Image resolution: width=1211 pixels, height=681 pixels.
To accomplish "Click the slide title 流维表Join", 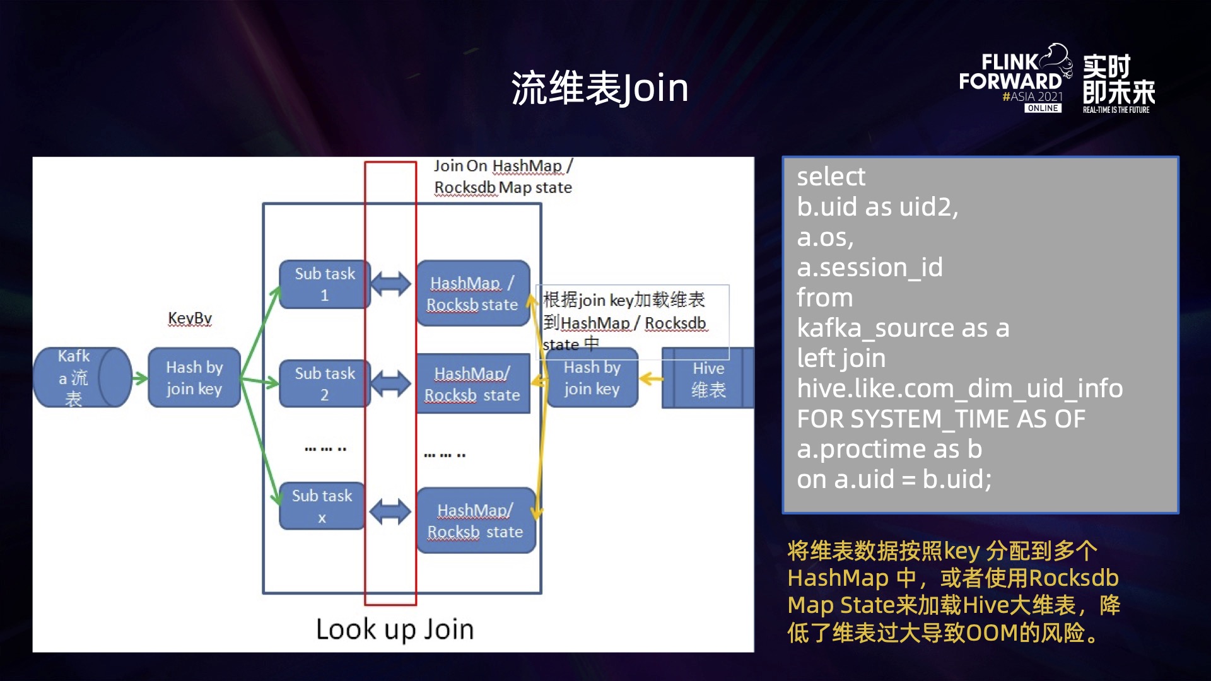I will click(x=599, y=88).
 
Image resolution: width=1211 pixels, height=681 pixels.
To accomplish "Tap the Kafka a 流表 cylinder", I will click(x=82, y=377).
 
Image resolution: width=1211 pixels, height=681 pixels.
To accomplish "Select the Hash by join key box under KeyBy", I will click(x=194, y=378).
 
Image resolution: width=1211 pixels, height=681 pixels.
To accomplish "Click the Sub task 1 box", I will click(x=324, y=284).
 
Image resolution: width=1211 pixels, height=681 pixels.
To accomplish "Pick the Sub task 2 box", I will click(x=324, y=383).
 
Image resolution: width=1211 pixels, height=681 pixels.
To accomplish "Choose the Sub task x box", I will click(x=322, y=506).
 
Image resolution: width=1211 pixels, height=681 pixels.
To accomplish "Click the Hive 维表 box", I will click(x=708, y=378).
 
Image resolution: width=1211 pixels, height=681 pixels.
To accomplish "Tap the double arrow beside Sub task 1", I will click(x=390, y=284).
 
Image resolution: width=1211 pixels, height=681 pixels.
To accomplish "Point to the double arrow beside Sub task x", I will click(x=390, y=511).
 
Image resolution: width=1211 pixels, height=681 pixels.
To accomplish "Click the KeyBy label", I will click(x=190, y=318).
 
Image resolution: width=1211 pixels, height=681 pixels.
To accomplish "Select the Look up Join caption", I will click(x=395, y=629).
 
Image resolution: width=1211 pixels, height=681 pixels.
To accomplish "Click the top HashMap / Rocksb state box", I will click(x=472, y=293).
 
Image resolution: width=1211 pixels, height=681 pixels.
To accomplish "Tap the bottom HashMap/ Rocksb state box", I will click(x=475, y=520).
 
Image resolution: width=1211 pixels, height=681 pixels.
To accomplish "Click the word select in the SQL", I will click(x=831, y=177).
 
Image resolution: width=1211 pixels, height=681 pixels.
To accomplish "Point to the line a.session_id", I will click(x=869, y=267).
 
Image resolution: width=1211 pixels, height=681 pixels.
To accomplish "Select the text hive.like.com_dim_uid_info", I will click(x=959, y=388).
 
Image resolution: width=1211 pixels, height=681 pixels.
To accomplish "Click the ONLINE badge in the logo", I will click(x=1043, y=108).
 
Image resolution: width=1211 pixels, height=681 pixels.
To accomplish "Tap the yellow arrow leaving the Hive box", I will click(x=651, y=379).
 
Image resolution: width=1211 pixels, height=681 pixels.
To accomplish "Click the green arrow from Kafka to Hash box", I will click(x=139, y=378).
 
